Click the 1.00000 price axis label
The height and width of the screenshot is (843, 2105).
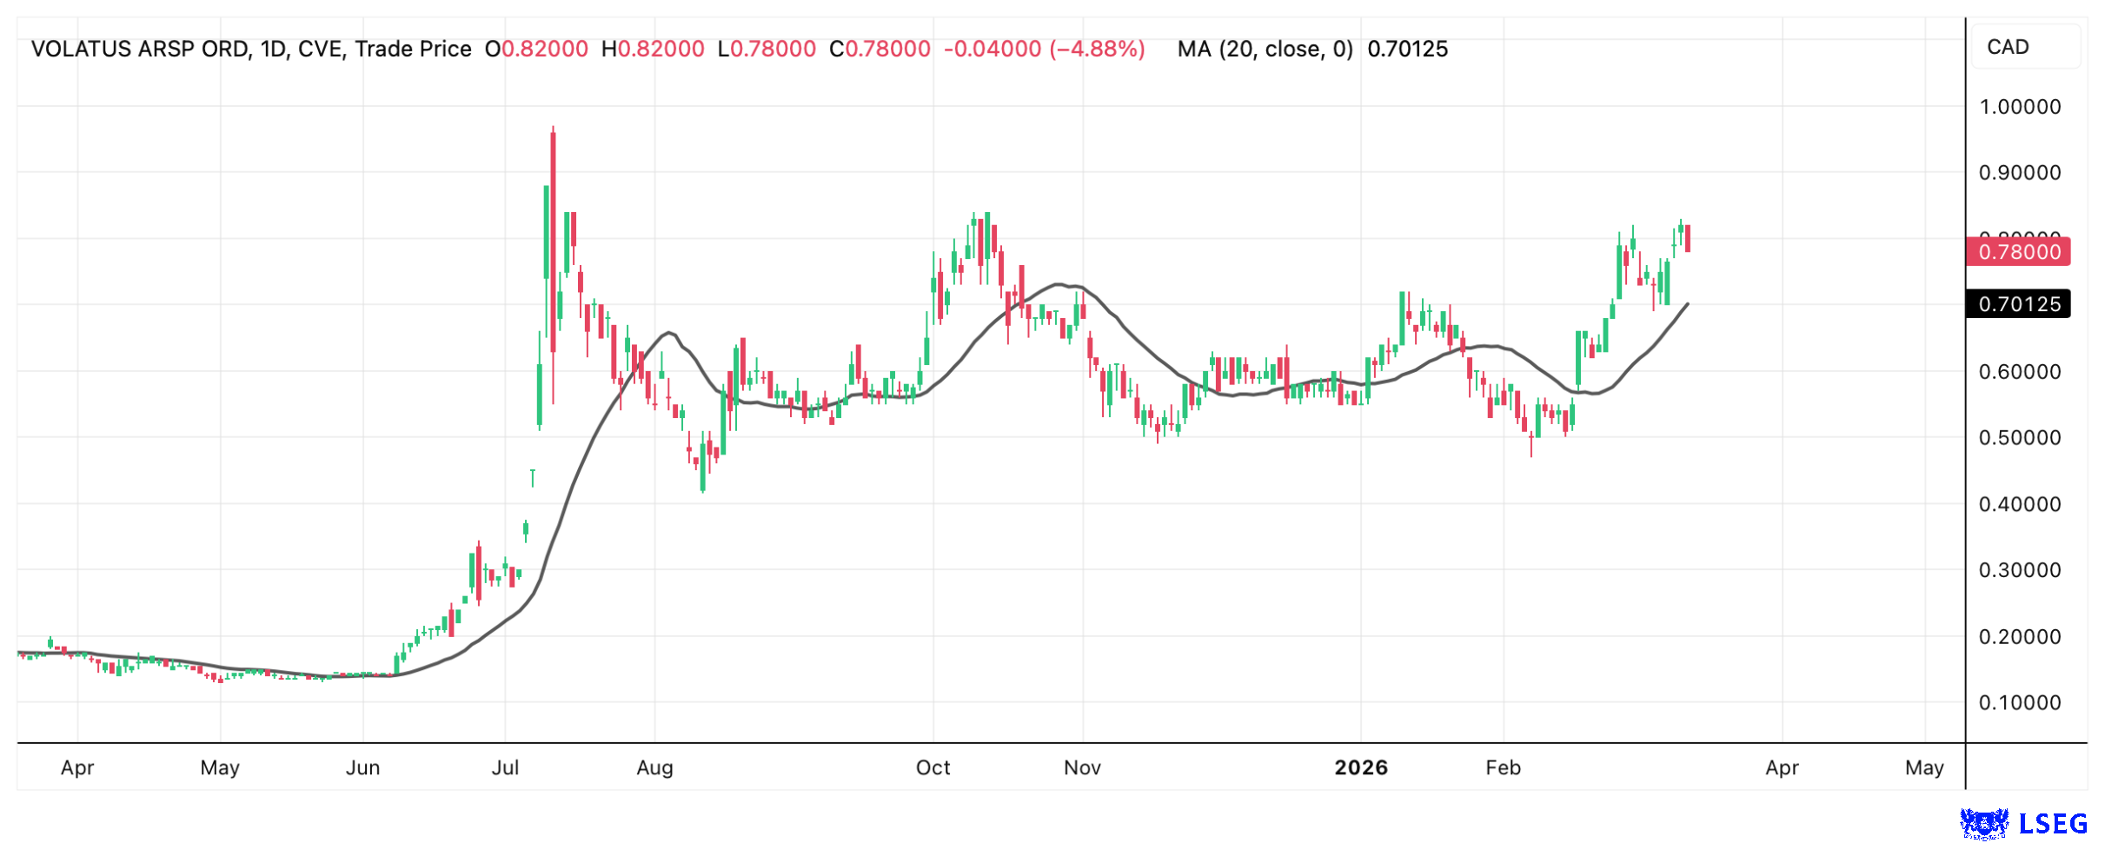2019,107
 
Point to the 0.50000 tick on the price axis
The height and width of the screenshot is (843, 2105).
2019,437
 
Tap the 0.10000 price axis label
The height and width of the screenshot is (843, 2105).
2019,702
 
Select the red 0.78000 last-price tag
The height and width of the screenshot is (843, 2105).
2018,252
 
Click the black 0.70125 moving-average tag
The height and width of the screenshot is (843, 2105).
2018,304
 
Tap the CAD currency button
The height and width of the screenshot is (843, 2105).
2008,47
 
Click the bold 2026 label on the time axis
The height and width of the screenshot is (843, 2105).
1361,767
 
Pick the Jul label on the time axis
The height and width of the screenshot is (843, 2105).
505,767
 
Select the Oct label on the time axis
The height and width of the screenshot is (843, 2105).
933,767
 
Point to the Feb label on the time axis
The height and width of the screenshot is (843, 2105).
1503,767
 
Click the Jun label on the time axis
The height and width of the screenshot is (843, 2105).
362,767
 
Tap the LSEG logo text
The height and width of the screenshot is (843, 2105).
2053,823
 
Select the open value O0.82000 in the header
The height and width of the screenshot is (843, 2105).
536,49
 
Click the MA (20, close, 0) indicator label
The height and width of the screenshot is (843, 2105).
1265,49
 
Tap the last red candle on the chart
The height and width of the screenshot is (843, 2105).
1688,238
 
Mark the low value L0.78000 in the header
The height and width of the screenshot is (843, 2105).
767,49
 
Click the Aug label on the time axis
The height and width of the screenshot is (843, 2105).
654,767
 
